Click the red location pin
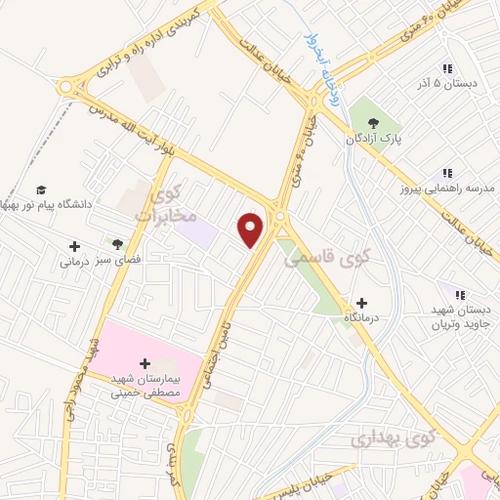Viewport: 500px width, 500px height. point(251,229)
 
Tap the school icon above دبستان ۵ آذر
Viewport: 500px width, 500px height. point(447,68)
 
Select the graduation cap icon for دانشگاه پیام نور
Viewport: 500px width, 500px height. point(41,189)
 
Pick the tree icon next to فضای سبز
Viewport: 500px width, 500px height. point(118,243)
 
